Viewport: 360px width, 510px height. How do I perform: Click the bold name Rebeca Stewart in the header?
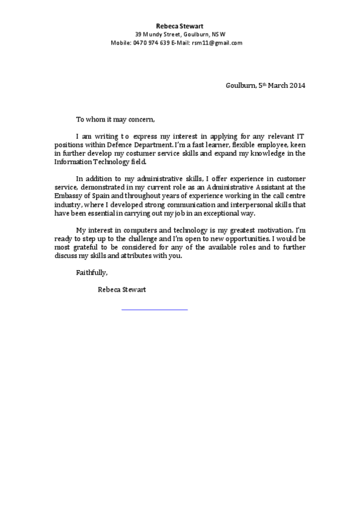pyautogui.click(x=180, y=26)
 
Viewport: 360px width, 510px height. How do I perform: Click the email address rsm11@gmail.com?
pyautogui.click(x=217, y=43)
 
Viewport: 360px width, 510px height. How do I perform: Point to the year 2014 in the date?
pyautogui.click(x=297, y=85)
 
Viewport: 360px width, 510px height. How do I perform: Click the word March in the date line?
pyautogui.click(x=278, y=85)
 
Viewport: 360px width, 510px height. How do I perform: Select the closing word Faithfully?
pyautogui.click(x=91, y=272)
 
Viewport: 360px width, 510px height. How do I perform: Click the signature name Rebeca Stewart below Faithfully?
pyautogui.click(x=121, y=289)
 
